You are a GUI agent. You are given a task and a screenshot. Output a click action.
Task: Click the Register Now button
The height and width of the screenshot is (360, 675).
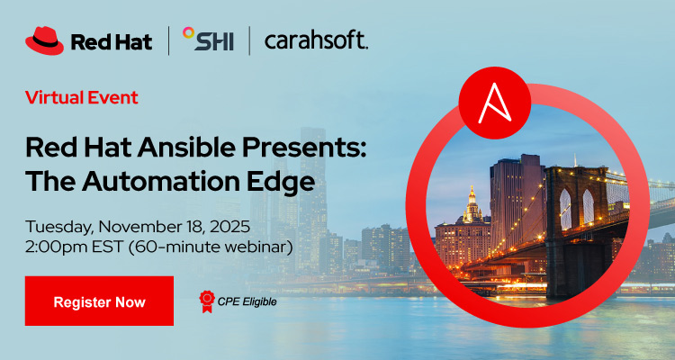(99, 301)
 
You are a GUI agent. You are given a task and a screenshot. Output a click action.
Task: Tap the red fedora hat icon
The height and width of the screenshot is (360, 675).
(44, 40)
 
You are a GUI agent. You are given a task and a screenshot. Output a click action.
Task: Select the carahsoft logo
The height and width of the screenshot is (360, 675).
(315, 40)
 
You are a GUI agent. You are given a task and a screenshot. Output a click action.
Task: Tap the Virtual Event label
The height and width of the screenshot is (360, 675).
(81, 97)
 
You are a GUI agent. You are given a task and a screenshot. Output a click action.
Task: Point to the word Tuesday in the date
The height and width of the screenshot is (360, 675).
(60, 226)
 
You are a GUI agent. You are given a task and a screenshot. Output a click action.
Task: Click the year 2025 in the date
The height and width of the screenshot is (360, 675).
(236, 226)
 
